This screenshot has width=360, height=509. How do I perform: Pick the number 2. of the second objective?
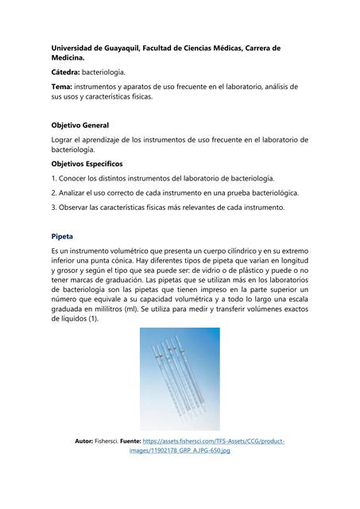(x=53, y=193)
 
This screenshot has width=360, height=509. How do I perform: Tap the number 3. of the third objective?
(x=53, y=208)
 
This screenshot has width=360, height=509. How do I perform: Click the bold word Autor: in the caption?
(x=83, y=441)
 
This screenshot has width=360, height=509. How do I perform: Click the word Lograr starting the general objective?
(x=64, y=140)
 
